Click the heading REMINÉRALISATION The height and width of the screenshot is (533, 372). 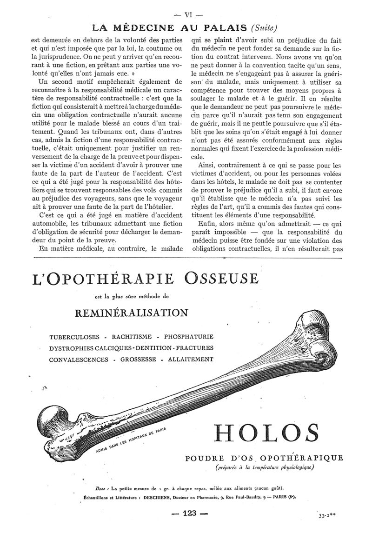click(132, 312)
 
